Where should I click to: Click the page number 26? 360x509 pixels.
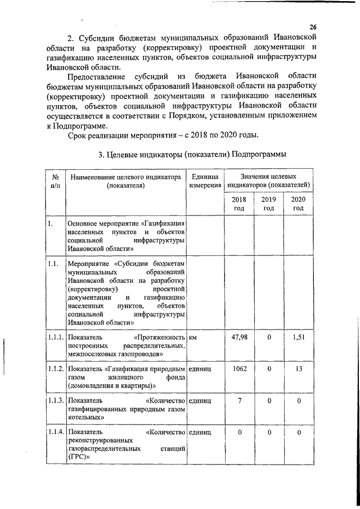313,28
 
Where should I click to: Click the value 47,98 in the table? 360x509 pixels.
240,337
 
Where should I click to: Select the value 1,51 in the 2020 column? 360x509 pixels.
298,337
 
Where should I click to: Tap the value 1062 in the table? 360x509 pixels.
240,368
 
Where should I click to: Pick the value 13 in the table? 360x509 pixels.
298,368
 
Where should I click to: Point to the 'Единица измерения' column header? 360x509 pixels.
205,181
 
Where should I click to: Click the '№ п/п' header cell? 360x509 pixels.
55,181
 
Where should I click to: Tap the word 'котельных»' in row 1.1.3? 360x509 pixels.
85,418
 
